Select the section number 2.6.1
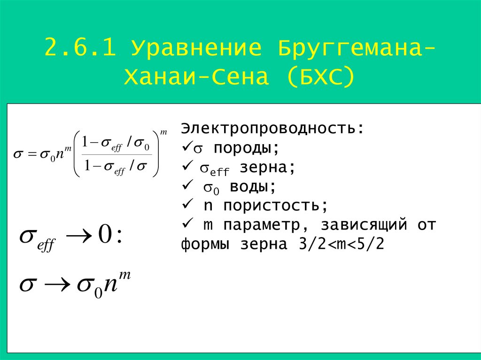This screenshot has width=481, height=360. click(x=81, y=48)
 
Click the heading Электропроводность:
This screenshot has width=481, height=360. click(x=272, y=129)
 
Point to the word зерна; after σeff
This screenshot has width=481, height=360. click(x=268, y=168)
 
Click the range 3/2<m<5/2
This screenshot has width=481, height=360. click(x=341, y=245)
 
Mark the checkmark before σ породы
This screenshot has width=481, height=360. click(x=185, y=147)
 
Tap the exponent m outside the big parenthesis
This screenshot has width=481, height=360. click(x=163, y=132)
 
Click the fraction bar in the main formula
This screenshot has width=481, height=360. click(x=116, y=155)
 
